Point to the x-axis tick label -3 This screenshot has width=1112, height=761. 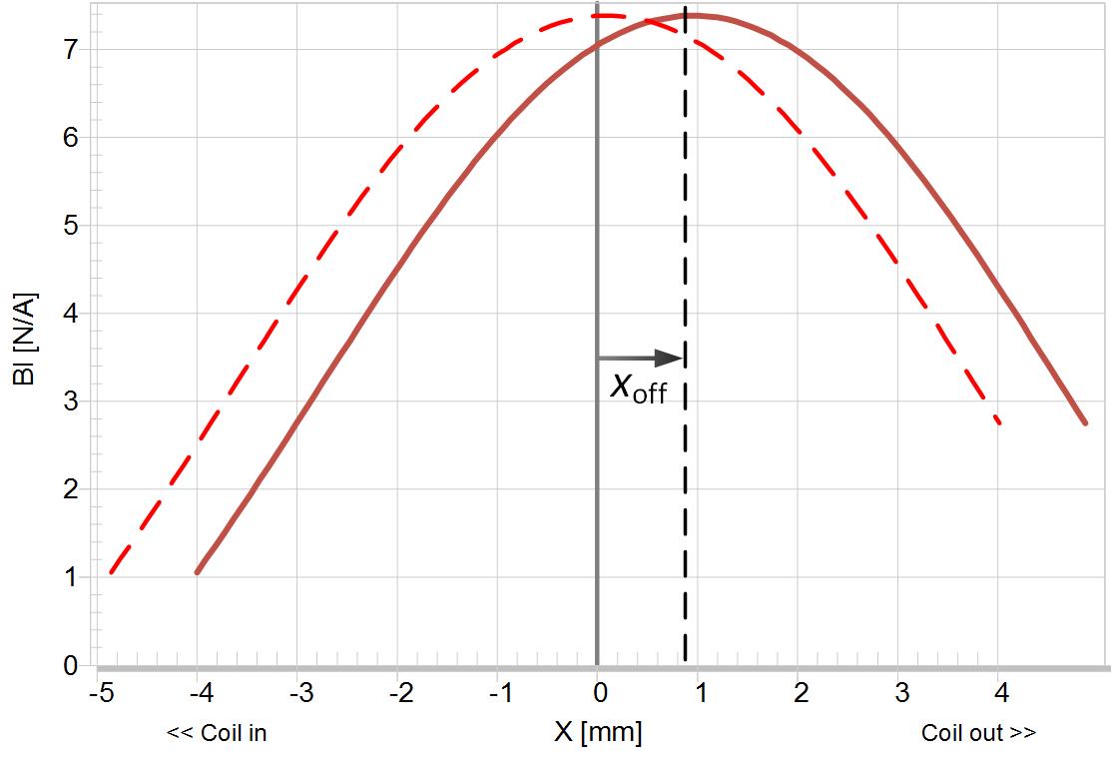(x=299, y=692)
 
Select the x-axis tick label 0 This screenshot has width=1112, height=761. (x=598, y=692)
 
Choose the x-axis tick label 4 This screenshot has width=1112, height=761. (x=1001, y=692)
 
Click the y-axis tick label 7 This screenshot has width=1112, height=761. (x=70, y=50)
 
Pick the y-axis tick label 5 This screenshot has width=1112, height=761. (x=70, y=226)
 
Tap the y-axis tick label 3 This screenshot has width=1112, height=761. (x=70, y=401)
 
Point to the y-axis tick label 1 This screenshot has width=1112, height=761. (x=70, y=577)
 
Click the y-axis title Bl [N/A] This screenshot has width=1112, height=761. (x=25, y=335)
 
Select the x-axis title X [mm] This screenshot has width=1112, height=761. (x=598, y=733)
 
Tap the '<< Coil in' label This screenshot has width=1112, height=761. (x=217, y=733)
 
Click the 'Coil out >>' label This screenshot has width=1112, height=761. (x=978, y=733)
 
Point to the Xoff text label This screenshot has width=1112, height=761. (x=638, y=386)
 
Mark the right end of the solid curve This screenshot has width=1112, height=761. (x=1085, y=423)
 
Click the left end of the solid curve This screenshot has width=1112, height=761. (x=198, y=572)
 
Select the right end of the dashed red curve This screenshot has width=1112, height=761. (x=998, y=423)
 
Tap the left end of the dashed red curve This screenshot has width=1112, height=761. (x=111, y=572)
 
